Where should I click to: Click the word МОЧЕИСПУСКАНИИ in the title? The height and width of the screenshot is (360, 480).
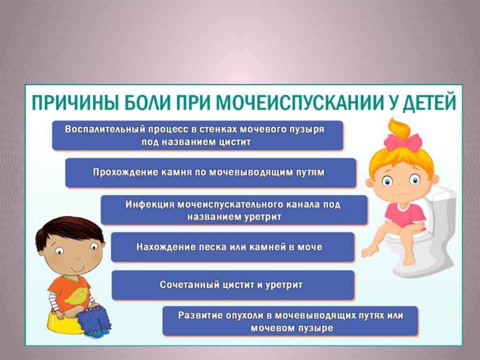tap(299, 102)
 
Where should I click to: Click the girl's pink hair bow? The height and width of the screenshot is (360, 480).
tap(403, 142)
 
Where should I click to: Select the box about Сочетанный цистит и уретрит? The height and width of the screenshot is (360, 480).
tap(233, 285)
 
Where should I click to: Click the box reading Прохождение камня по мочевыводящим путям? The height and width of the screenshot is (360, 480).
tap(210, 172)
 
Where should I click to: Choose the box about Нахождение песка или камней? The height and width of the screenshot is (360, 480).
tap(232, 247)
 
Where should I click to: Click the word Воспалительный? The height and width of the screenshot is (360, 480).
tap(105, 129)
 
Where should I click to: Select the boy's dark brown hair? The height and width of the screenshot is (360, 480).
tap(70, 231)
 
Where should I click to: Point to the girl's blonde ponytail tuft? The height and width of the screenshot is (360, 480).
tap(399, 129)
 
